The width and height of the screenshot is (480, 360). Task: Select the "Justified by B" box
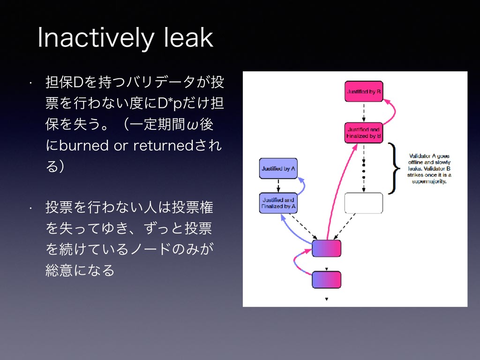tap(364, 92)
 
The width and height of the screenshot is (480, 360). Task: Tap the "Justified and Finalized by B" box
tap(364, 133)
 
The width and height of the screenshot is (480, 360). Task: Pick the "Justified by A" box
tap(278, 168)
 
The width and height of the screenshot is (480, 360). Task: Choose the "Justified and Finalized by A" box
tap(278, 202)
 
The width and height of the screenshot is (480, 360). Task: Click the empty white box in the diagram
tap(364, 202)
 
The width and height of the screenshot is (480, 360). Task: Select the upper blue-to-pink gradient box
tap(327, 248)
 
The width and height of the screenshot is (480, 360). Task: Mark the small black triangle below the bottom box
tap(327, 299)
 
